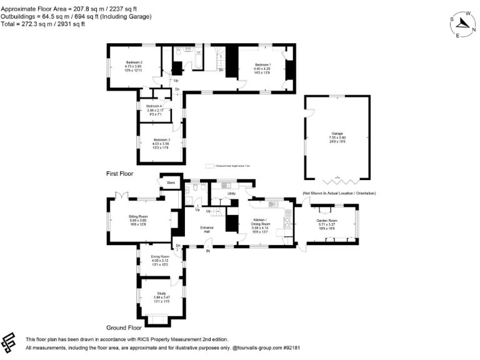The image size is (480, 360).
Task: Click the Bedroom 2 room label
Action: [x=134, y=62]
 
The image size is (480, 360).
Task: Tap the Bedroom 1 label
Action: [x=262, y=65]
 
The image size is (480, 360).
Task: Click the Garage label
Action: [x=337, y=134]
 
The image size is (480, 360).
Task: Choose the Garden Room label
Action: [x=326, y=221]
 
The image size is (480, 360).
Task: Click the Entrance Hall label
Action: [x=207, y=229]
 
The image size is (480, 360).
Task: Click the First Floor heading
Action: [x=119, y=173]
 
